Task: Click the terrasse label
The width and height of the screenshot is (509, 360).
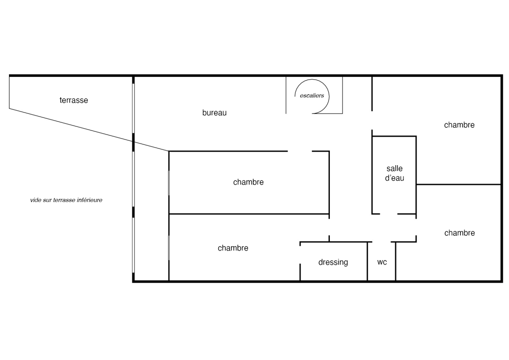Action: [x=74, y=100]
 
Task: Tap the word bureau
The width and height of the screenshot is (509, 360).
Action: [x=214, y=113]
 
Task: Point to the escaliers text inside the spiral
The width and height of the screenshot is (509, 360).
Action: [x=312, y=96]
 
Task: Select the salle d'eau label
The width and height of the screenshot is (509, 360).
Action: [x=395, y=173]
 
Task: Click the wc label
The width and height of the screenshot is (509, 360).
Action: [x=382, y=262]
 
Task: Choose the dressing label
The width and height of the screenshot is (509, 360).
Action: [x=333, y=262]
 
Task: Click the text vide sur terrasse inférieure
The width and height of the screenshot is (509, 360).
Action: [x=66, y=200]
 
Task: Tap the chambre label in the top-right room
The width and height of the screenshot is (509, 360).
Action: [x=459, y=125]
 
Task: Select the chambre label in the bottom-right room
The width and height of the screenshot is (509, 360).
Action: [x=459, y=233]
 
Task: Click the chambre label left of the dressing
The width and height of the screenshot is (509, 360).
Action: [x=233, y=248]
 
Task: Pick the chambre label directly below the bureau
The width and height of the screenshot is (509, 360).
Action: [x=248, y=182]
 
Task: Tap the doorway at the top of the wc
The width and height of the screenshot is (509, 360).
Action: [x=382, y=242]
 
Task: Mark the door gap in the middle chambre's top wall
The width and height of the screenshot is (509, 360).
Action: [x=300, y=152]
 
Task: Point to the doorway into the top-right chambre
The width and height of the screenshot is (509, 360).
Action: [x=372, y=121]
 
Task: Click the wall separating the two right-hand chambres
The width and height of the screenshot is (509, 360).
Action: [x=458, y=184]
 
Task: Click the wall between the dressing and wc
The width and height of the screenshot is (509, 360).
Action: [x=368, y=261]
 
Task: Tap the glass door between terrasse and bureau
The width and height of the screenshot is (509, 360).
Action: [x=133, y=108]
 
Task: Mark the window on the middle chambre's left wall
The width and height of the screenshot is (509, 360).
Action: [x=169, y=182]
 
